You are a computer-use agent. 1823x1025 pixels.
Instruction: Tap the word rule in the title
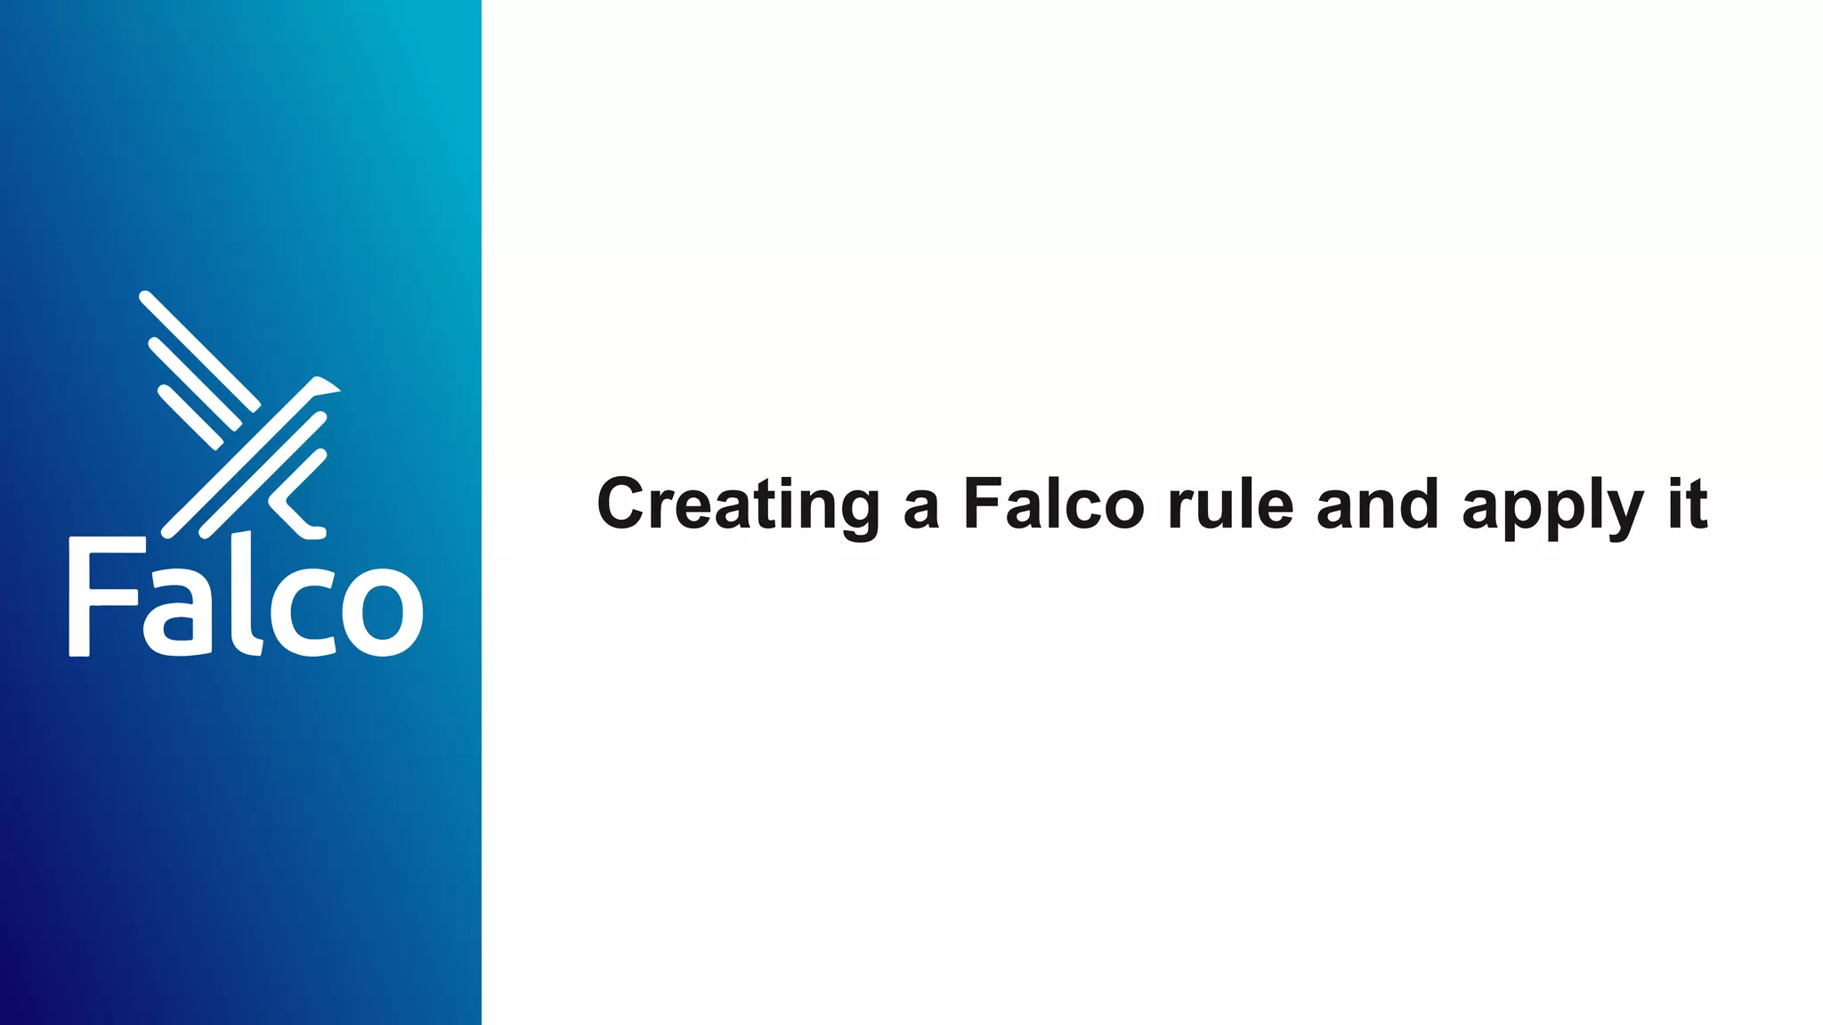coord(1230,504)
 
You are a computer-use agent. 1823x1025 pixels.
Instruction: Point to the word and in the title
coord(1377,504)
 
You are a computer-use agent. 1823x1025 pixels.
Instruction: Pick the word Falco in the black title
coord(1053,504)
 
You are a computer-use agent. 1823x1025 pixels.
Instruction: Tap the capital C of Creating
coord(620,504)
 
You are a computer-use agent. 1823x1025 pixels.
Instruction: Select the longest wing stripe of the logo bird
coord(199,351)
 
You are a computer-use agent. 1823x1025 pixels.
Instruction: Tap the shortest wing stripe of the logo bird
coord(190,417)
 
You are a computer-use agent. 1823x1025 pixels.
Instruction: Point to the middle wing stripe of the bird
coord(194,383)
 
